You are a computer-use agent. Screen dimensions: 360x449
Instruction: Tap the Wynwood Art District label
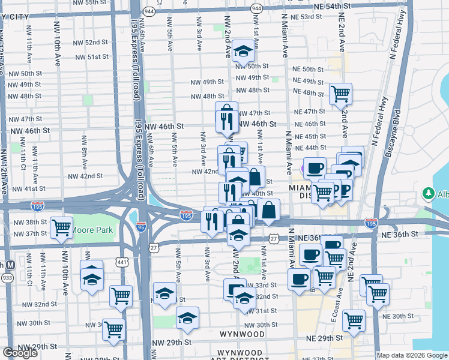coord(240,356)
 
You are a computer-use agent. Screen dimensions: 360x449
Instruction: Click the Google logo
coord(20,353)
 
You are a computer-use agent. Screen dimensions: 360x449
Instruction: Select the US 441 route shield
coord(122,262)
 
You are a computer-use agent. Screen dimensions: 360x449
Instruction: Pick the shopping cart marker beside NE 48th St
coord(340,93)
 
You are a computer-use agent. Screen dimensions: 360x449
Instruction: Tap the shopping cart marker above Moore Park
coord(62,227)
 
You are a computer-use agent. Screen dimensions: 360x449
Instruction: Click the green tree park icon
coord(429,193)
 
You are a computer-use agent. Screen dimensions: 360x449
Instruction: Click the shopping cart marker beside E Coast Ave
coord(354,320)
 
